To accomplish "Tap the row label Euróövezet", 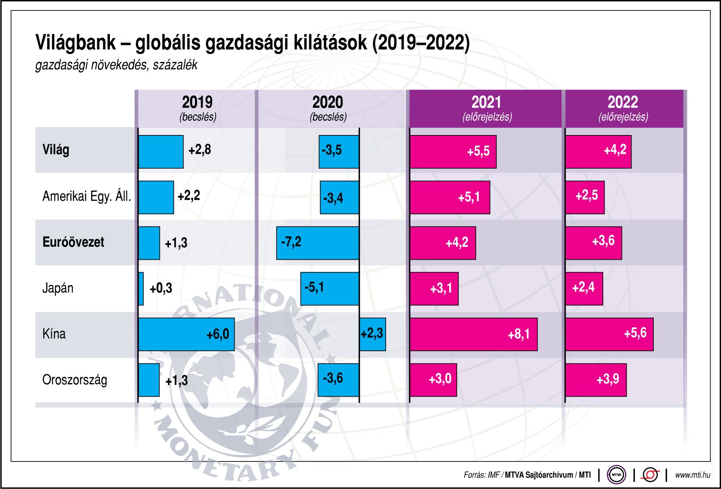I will [73, 242].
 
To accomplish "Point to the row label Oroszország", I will [75, 380].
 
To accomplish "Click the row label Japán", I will [58, 288].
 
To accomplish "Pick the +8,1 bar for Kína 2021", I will [473, 334].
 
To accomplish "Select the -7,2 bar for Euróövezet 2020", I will [318, 243].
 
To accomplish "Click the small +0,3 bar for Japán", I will [141, 288].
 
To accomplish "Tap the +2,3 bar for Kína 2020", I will [372, 334].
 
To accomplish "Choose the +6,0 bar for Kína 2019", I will [186, 334].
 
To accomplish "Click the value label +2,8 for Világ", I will [200, 150].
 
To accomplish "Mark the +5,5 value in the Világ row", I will [478, 151].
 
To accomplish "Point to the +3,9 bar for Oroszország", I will [596, 380].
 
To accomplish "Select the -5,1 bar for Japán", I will [330, 288].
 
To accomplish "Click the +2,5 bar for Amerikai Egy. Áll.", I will [585, 197].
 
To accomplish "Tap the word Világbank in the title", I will [76, 43].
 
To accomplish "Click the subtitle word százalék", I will [175, 65].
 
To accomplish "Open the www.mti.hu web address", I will [693, 475].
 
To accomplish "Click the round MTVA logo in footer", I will [616, 475].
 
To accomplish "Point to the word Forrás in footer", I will [474, 475].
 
